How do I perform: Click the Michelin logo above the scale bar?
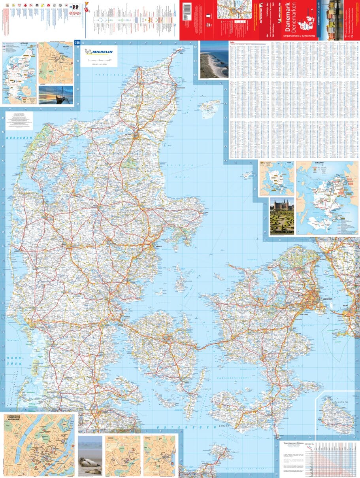pyautogui.click(x=99, y=51)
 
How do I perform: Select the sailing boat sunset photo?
pyautogui.click(x=56, y=95)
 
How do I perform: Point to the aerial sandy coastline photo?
pyautogui.click(x=214, y=60)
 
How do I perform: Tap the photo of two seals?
pyautogui.click(x=90, y=455)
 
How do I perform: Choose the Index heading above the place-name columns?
pyautogui.click(x=232, y=43)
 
